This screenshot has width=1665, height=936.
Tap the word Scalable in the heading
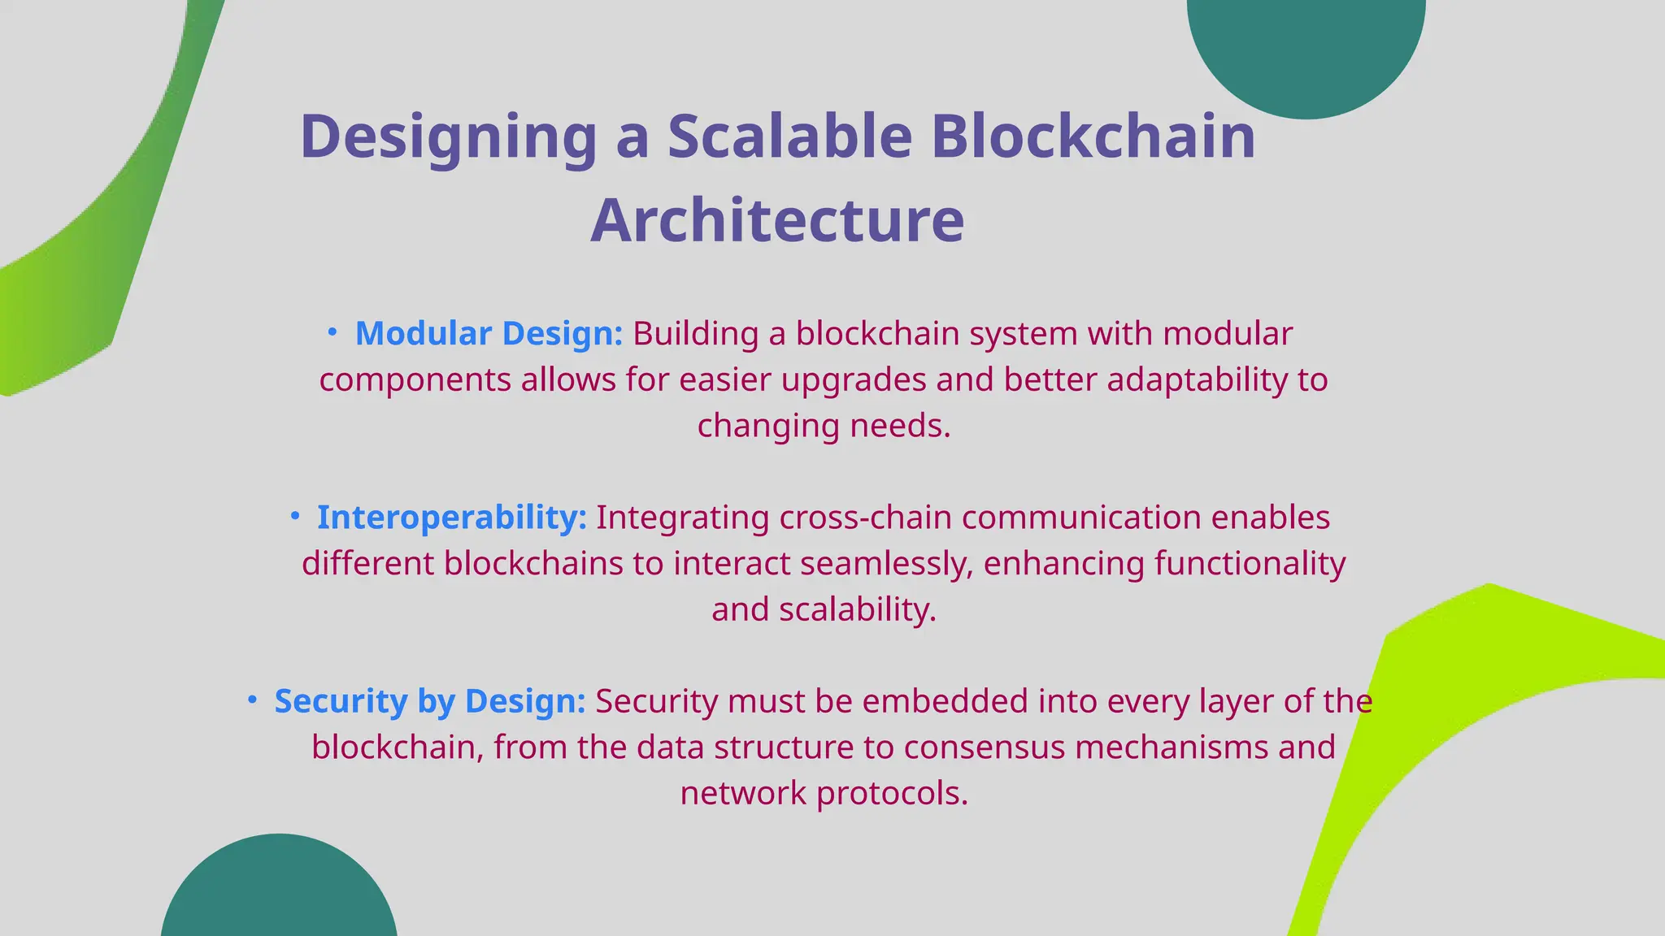[790, 136]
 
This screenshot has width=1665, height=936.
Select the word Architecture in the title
[777, 221]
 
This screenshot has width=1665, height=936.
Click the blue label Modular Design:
[489, 334]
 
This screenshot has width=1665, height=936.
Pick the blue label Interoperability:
[451, 518]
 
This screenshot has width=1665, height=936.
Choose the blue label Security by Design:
[429, 701]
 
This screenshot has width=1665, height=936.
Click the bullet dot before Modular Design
[332, 331]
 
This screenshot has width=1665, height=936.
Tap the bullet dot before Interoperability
[294, 515]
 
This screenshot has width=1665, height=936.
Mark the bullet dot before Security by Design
[252, 699]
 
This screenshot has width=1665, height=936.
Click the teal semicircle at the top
[1306, 49]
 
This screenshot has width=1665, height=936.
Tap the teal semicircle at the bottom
[279, 894]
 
